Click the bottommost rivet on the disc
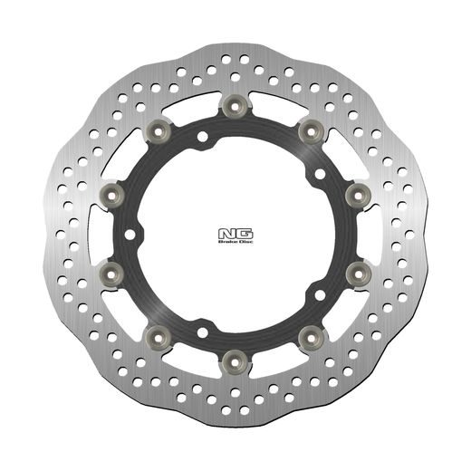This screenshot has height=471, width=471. tap(235, 361)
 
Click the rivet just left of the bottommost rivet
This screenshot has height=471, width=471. tap(161, 338)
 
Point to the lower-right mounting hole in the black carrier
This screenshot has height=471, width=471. tap(319, 295)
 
